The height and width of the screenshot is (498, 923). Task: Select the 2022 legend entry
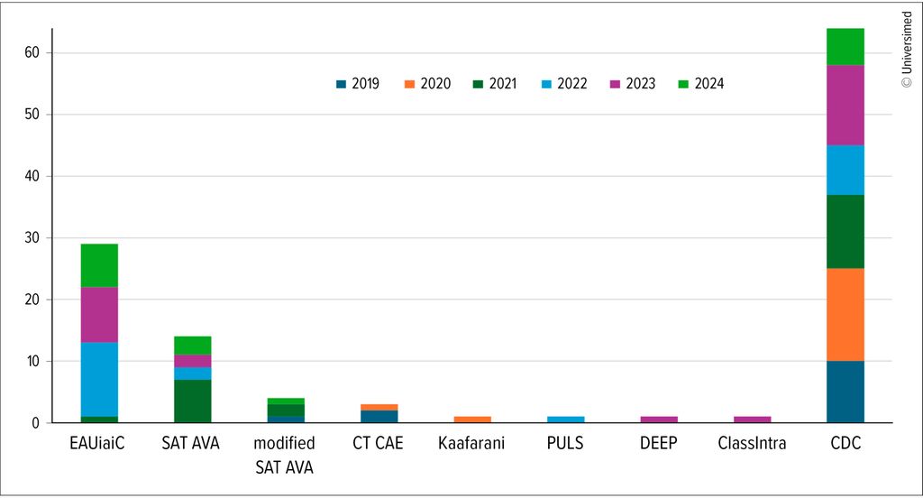pyautogui.click(x=563, y=84)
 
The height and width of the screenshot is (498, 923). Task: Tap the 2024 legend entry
pyautogui.click(x=700, y=84)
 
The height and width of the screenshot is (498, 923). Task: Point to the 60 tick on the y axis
pyautogui.click(x=33, y=53)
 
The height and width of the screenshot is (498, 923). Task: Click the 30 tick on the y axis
pyautogui.click(x=33, y=238)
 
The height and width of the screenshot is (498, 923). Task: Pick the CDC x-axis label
pyautogui.click(x=845, y=443)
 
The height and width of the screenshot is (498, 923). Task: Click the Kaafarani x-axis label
pyautogui.click(x=472, y=443)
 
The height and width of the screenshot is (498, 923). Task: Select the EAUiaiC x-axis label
pyautogui.click(x=99, y=443)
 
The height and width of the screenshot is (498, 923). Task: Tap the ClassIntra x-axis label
pyautogui.click(x=752, y=443)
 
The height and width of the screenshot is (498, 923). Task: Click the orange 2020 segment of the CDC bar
pyautogui.click(x=845, y=315)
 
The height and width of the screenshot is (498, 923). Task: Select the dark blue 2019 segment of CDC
pyautogui.click(x=845, y=392)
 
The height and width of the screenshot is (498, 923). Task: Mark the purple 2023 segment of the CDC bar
pyautogui.click(x=845, y=105)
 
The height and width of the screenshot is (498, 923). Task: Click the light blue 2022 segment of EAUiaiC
pyautogui.click(x=99, y=379)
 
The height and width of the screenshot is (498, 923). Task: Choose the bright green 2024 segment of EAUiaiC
pyautogui.click(x=99, y=265)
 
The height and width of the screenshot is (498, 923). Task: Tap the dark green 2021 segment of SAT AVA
pyautogui.click(x=193, y=401)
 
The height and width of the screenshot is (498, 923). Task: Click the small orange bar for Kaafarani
pyautogui.click(x=472, y=419)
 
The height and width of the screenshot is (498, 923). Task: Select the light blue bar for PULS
pyautogui.click(x=566, y=419)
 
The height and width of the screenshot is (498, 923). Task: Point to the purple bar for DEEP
pyautogui.click(x=659, y=419)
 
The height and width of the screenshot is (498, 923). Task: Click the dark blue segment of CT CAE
pyautogui.click(x=379, y=416)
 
